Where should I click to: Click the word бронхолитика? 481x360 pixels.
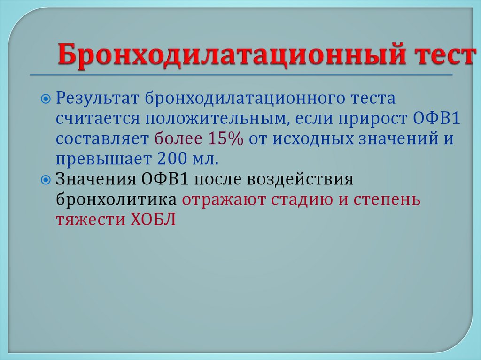[116, 199]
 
